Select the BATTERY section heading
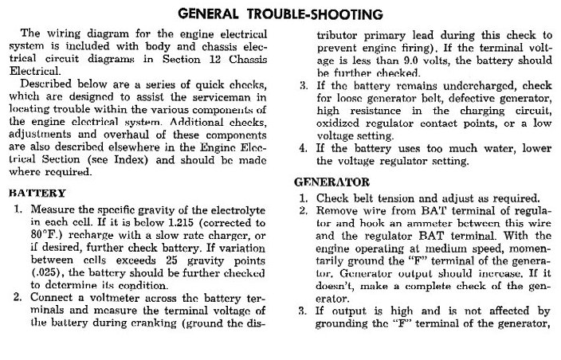point(37,192)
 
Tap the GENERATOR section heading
point(331,182)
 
